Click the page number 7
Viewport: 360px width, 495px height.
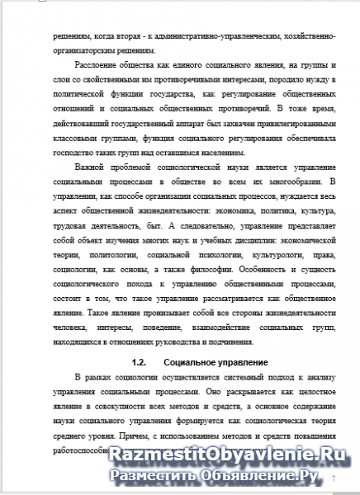(334, 478)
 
